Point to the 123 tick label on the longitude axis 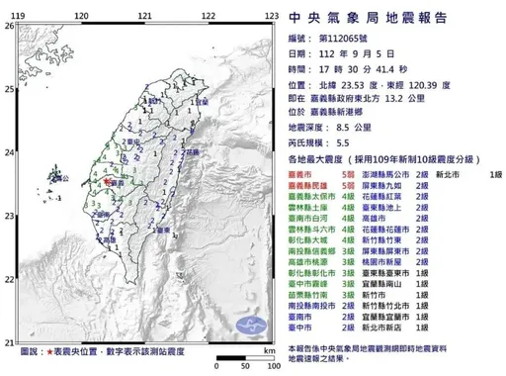click(270, 17)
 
